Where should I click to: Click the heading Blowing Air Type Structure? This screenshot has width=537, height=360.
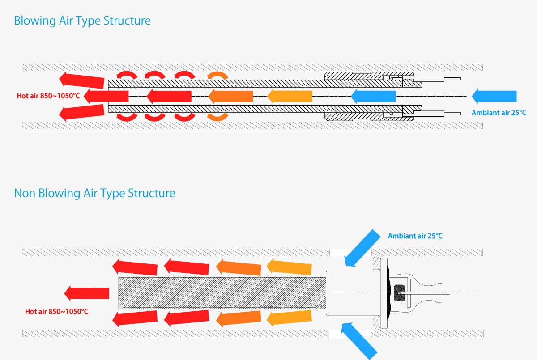(82, 21)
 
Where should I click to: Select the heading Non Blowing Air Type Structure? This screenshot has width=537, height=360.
(94, 193)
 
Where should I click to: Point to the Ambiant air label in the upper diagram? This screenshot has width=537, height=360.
(499, 113)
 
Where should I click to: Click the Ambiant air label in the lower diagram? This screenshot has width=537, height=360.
(415, 236)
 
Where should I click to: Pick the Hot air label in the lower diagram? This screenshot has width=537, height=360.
(56, 311)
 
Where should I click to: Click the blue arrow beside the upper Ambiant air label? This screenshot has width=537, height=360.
(494, 96)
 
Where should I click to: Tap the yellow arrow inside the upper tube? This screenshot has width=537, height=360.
(290, 96)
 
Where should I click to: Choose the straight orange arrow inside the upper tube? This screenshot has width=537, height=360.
(230, 96)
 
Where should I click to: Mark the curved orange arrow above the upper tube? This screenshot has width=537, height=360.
(217, 76)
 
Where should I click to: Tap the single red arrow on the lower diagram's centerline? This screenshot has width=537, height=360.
(87, 293)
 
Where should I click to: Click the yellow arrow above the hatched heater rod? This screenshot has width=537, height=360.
(290, 267)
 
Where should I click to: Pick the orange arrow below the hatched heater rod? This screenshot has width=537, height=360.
(239, 319)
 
